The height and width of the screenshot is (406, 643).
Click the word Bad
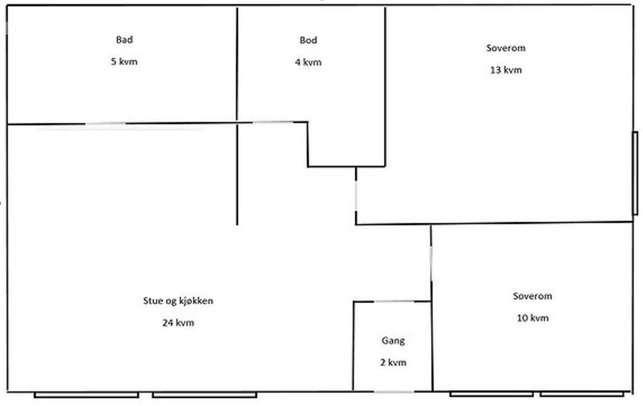124,40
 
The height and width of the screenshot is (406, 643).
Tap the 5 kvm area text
124,61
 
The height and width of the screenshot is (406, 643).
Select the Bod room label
308,40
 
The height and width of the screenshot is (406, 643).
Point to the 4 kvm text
308,62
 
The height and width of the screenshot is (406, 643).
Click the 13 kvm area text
506,70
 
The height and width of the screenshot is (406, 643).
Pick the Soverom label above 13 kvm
506,48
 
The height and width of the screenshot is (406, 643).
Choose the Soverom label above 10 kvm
532,296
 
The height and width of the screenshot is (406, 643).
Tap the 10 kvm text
532,318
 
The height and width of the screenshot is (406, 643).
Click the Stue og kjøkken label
178,301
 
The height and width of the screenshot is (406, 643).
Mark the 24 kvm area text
178,322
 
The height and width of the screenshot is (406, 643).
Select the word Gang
393,341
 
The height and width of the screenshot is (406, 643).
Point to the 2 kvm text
393,362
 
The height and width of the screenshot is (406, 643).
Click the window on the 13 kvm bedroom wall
635,173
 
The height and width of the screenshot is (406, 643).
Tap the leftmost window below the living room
86,395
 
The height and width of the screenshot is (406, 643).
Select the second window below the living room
205,395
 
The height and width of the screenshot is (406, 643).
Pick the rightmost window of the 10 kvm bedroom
582,394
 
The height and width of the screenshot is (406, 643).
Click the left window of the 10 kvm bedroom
491,394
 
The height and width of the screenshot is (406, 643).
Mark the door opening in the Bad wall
105,124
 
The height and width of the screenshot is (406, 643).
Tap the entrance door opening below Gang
394,392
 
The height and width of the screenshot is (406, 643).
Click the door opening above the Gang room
394,301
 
